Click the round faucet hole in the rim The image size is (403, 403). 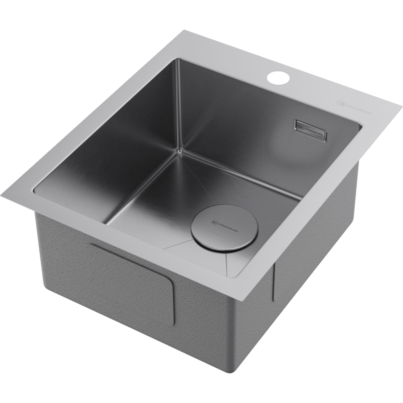pyautogui.click(x=278, y=77)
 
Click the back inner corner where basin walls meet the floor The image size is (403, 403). pyautogui.click(x=178, y=151)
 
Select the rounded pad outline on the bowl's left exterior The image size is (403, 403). pyautogui.click(x=133, y=282)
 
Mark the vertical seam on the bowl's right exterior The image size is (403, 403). pyautogui.click(x=274, y=282)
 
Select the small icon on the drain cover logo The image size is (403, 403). pyautogui.click(x=214, y=221)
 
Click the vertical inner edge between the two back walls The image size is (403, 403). pyautogui.click(x=177, y=105)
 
